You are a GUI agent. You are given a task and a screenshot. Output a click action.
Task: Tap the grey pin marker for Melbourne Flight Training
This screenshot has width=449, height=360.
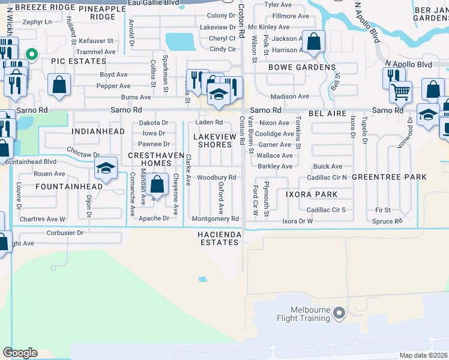(x=339, y=313)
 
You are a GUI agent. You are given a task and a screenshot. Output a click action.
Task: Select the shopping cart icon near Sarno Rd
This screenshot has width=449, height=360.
(x=400, y=92)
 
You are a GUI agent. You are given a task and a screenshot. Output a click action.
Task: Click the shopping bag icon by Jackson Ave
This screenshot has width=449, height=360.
(x=313, y=42)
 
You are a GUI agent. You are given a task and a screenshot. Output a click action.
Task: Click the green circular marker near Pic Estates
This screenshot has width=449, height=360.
(x=33, y=55)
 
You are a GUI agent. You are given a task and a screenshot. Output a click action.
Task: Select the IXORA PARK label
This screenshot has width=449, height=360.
(x=311, y=194)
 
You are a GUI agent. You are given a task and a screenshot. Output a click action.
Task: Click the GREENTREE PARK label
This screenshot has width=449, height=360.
(x=389, y=177)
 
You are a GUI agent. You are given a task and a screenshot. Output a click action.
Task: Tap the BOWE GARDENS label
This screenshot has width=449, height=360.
(x=301, y=67)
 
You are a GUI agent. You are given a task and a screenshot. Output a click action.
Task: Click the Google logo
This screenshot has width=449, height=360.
(x=20, y=353)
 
